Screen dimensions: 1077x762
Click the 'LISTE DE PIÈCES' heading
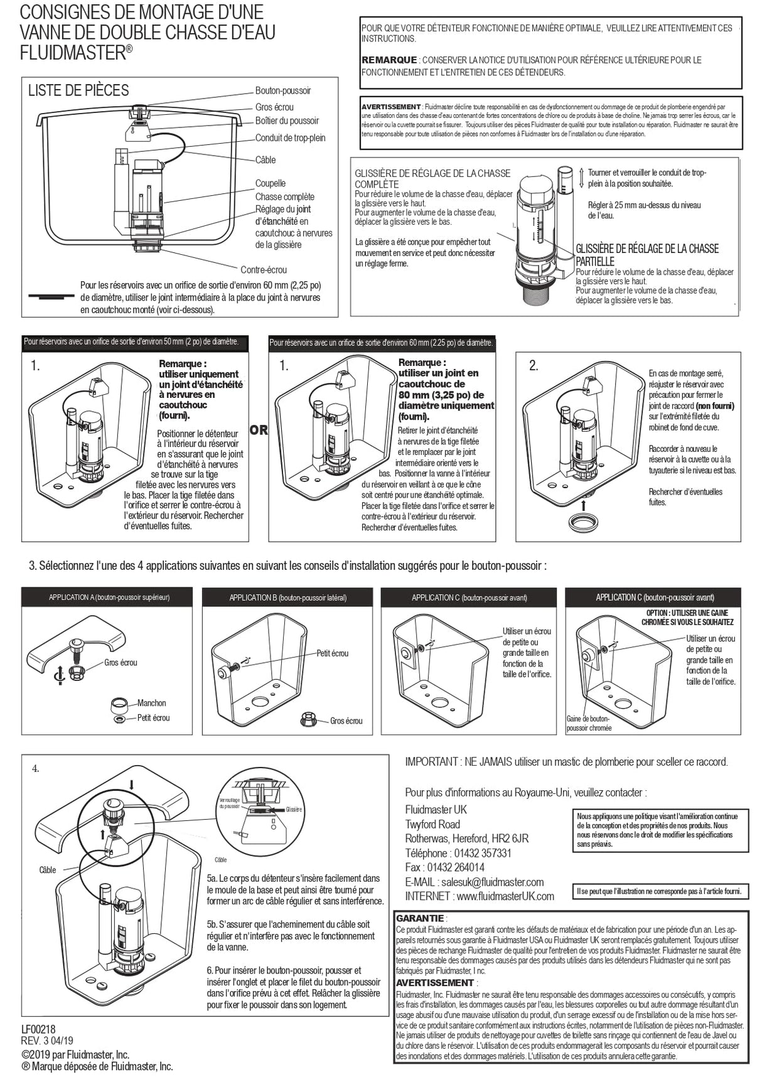pyautogui.click(x=78, y=90)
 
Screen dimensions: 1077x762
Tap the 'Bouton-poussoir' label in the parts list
pyautogui.click(x=282, y=91)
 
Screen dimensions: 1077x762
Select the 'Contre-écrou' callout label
pyautogui.click(x=264, y=270)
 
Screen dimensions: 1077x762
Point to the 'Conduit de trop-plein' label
pyautogui.click(x=290, y=138)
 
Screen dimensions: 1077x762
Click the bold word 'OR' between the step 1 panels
pyautogui.click(x=259, y=431)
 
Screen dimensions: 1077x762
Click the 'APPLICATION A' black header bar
pyautogui.click(x=107, y=597)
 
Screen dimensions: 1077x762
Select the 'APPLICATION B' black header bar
pyautogui.click(x=287, y=597)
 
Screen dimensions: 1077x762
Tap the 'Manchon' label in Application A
pyautogui.click(x=152, y=703)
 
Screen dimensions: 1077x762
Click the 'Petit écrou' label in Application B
pyautogui.click(x=332, y=653)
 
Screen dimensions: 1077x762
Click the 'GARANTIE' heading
pyautogui.click(x=420, y=918)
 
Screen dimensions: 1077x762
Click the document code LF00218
pyautogui.click(x=39, y=1029)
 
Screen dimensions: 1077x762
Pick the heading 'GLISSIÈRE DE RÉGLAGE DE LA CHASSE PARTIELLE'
pyautogui.click(x=647, y=255)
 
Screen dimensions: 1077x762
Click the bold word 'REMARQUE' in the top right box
pyautogui.click(x=389, y=60)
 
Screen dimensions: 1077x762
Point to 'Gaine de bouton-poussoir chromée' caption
pyautogui.click(x=588, y=724)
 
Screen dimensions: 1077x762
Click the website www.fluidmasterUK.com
pyautogui.click(x=505, y=896)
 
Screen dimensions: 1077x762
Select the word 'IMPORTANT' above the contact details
pyautogui.click(x=431, y=762)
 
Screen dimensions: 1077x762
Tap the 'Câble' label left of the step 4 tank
pyautogui.click(x=48, y=870)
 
